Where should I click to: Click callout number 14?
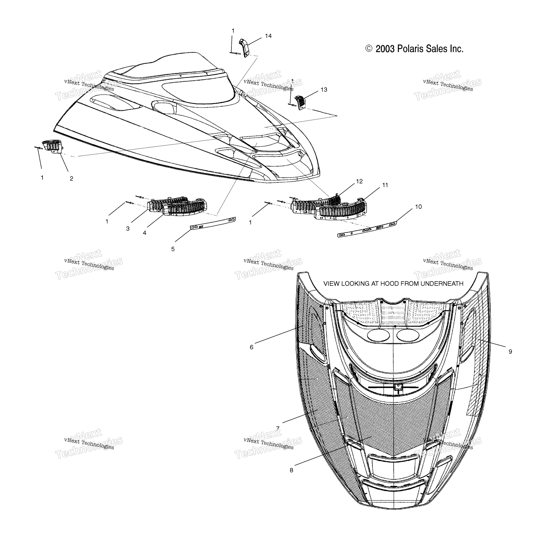pyautogui.click(x=268, y=36)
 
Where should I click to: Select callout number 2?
pyautogui.click(x=71, y=179)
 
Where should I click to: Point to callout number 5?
pyautogui.click(x=173, y=249)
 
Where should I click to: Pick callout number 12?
pyautogui.click(x=359, y=181)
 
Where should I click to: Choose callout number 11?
pyautogui.click(x=385, y=185)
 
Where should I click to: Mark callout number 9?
pyautogui.click(x=510, y=352)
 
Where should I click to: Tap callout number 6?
pyautogui.click(x=251, y=347)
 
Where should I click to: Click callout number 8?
pyautogui.click(x=291, y=470)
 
